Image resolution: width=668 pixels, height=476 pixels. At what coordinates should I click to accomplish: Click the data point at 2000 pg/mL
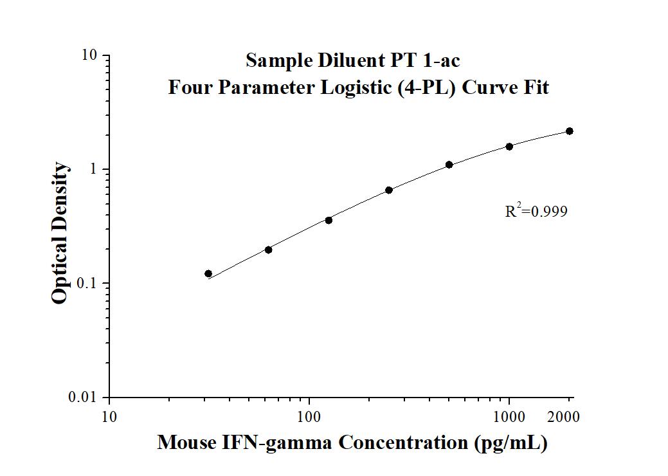pyautogui.click(x=570, y=131)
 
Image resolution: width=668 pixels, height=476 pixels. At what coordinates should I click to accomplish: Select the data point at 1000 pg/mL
pyautogui.click(x=509, y=147)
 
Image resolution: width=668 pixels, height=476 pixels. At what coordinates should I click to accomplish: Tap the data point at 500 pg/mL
pyautogui.click(x=449, y=165)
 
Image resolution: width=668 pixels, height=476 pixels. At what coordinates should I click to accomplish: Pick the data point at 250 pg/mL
pyautogui.click(x=389, y=190)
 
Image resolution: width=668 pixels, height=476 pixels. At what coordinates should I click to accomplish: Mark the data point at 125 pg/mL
pyautogui.click(x=329, y=220)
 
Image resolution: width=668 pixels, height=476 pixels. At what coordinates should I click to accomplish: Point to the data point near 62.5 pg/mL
pyautogui.click(x=268, y=250)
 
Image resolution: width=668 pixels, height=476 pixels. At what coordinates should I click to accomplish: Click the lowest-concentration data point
pyautogui.click(x=208, y=273)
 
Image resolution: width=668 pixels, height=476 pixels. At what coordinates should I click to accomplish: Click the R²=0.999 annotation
pyautogui.click(x=536, y=211)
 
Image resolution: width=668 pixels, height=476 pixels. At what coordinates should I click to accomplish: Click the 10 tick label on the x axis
pyautogui.click(x=109, y=417)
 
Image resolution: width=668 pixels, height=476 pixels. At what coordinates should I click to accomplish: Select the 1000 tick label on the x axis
pyautogui.click(x=509, y=417)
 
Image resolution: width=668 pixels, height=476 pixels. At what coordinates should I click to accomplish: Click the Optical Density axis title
pyautogui.click(x=60, y=233)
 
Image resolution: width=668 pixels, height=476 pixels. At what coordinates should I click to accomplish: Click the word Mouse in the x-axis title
pyautogui.click(x=185, y=443)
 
